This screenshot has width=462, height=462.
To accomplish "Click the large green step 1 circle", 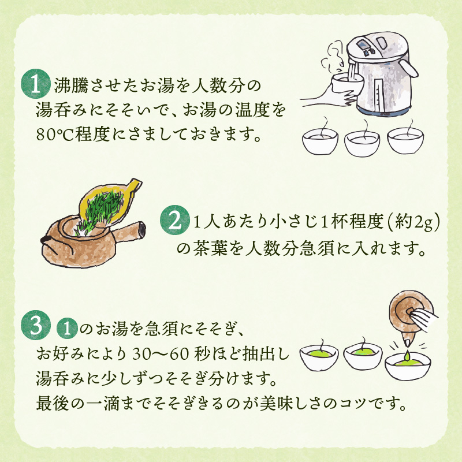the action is [x=35, y=84].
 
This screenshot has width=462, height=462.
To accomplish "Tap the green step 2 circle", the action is [x=175, y=220].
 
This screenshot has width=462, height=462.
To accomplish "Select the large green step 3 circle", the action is [x=36, y=325].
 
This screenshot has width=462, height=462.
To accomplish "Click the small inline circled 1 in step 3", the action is [x=68, y=328].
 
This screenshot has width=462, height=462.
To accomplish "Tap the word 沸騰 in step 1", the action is [x=71, y=85].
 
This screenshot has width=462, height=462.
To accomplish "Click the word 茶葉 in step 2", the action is [x=211, y=248].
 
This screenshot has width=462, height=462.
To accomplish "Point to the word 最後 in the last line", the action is [x=53, y=403].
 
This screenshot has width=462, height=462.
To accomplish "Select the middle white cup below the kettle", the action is [x=362, y=143].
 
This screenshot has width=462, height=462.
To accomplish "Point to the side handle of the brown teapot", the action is [x=128, y=232].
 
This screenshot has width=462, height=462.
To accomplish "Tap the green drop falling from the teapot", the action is [x=407, y=355].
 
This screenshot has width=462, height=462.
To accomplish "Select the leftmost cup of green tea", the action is [x=319, y=357].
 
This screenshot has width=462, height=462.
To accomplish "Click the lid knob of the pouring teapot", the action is [x=410, y=311].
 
